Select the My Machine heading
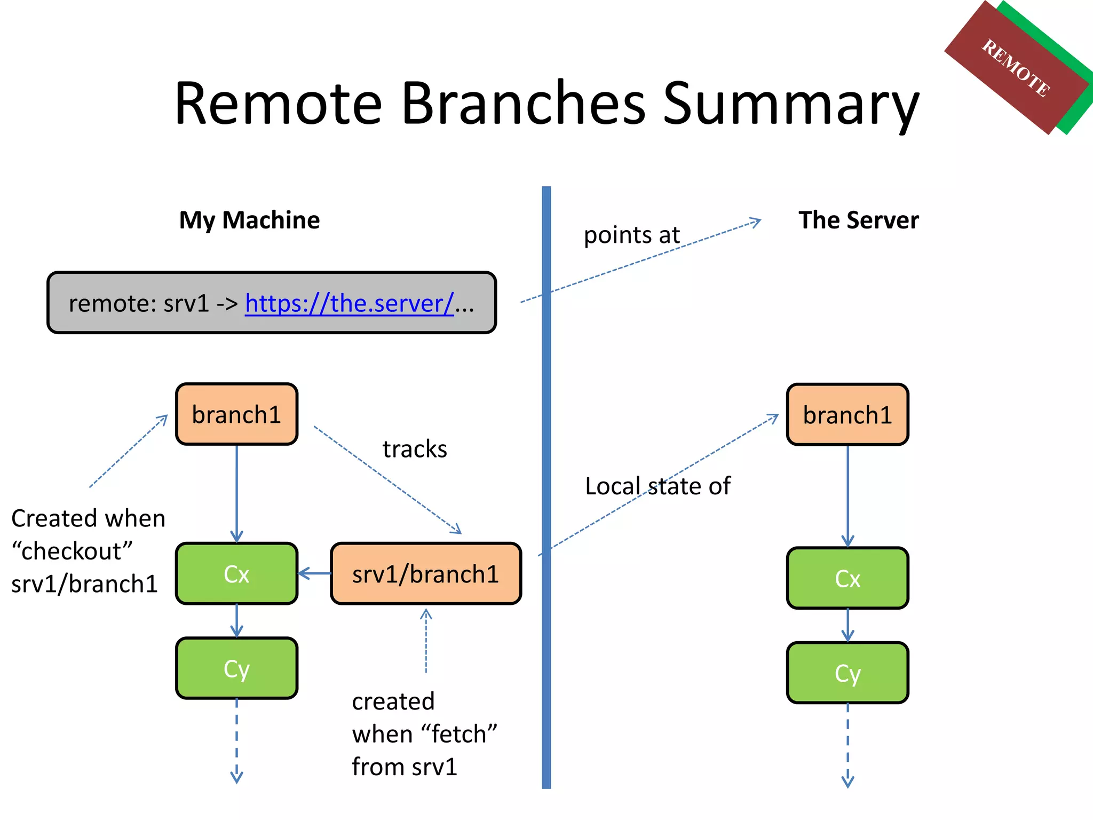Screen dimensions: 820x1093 point(249,220)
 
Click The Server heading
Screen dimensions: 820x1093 point(858,220)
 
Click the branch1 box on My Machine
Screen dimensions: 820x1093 point(236,414)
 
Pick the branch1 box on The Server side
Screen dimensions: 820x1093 point(848,415)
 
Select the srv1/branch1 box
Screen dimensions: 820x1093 point(425,574)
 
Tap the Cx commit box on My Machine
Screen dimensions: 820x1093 point(236,574)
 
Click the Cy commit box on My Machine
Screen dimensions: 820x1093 point(236,668)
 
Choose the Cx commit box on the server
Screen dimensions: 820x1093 point(848,578)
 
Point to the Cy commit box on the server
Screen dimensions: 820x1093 point(848,673)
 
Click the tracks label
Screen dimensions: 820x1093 point(415,449)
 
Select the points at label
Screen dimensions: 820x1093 point(631,235)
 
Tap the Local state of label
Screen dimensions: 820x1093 point(658,486)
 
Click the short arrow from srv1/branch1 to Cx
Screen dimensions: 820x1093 point(315,574)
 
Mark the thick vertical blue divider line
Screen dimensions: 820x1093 point(546,480)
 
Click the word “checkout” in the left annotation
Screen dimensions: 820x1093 point(72,551)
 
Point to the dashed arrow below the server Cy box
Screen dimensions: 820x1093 point(848,747)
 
